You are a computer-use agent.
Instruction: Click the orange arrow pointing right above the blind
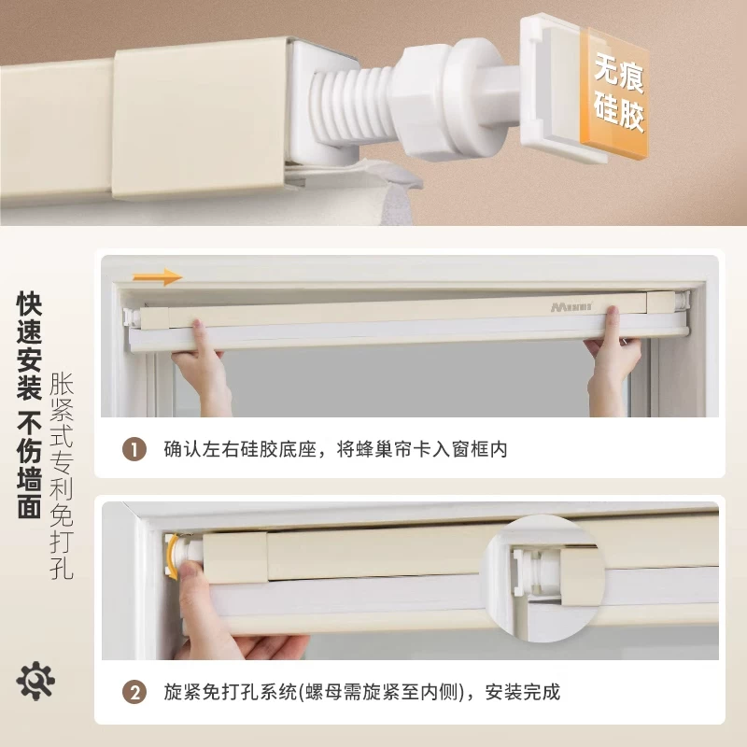(157, 276)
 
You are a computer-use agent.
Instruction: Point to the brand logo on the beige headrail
(571, 307)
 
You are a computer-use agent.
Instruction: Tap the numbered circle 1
(134, 449)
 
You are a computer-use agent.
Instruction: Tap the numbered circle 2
(134, 692)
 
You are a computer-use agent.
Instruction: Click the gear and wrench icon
(35, 681)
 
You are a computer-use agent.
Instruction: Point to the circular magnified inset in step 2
(542, 579)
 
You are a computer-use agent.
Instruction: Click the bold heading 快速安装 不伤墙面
(30, 405)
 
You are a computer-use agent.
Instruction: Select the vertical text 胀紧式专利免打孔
(62, 475)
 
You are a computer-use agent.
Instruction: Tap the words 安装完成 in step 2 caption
(523, 692)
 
